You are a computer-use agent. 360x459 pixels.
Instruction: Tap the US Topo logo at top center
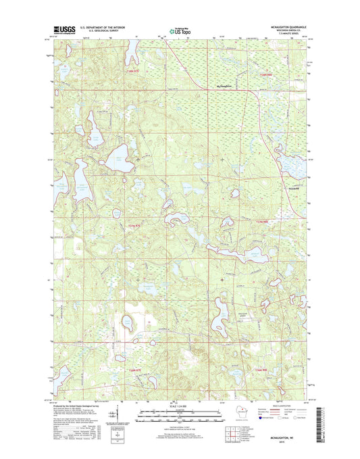180,30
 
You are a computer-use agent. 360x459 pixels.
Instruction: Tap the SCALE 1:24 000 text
180,407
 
